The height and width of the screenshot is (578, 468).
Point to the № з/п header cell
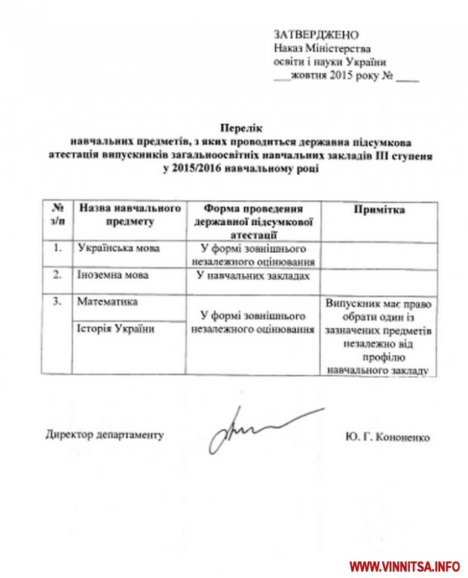coord(57,215)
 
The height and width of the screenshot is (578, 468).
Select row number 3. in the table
coord(57,302)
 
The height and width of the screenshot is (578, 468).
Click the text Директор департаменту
coord(104,434)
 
